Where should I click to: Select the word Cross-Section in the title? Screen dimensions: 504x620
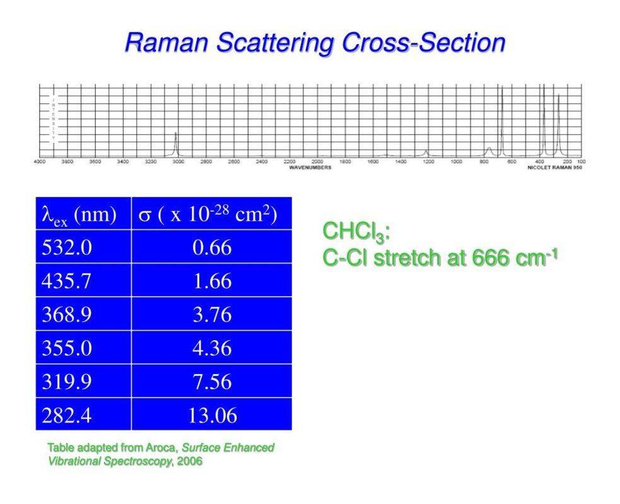pos(424,43)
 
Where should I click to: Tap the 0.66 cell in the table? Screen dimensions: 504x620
pos(212,248)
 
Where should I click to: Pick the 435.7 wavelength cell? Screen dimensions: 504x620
pos(66,281)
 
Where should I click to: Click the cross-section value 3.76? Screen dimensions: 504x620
pos(212,314)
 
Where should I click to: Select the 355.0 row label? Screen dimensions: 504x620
pos(66,348)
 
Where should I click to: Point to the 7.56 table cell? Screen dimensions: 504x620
pos(212,382)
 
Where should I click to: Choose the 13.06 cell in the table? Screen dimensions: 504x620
pos(212,415)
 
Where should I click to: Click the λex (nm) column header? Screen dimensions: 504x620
pos(79,214)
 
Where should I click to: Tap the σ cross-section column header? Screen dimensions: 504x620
pos(208,214)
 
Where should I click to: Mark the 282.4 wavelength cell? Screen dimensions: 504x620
pos(66,415)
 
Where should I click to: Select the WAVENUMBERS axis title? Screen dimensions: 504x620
pos(310,168)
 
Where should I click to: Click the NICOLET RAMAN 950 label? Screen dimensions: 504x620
pos(554,168)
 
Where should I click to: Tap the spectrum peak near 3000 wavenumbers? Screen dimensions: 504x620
pos(176,144)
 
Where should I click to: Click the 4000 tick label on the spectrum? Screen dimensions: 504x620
pos(39,162)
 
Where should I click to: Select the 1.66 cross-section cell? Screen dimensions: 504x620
pos(212,281)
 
